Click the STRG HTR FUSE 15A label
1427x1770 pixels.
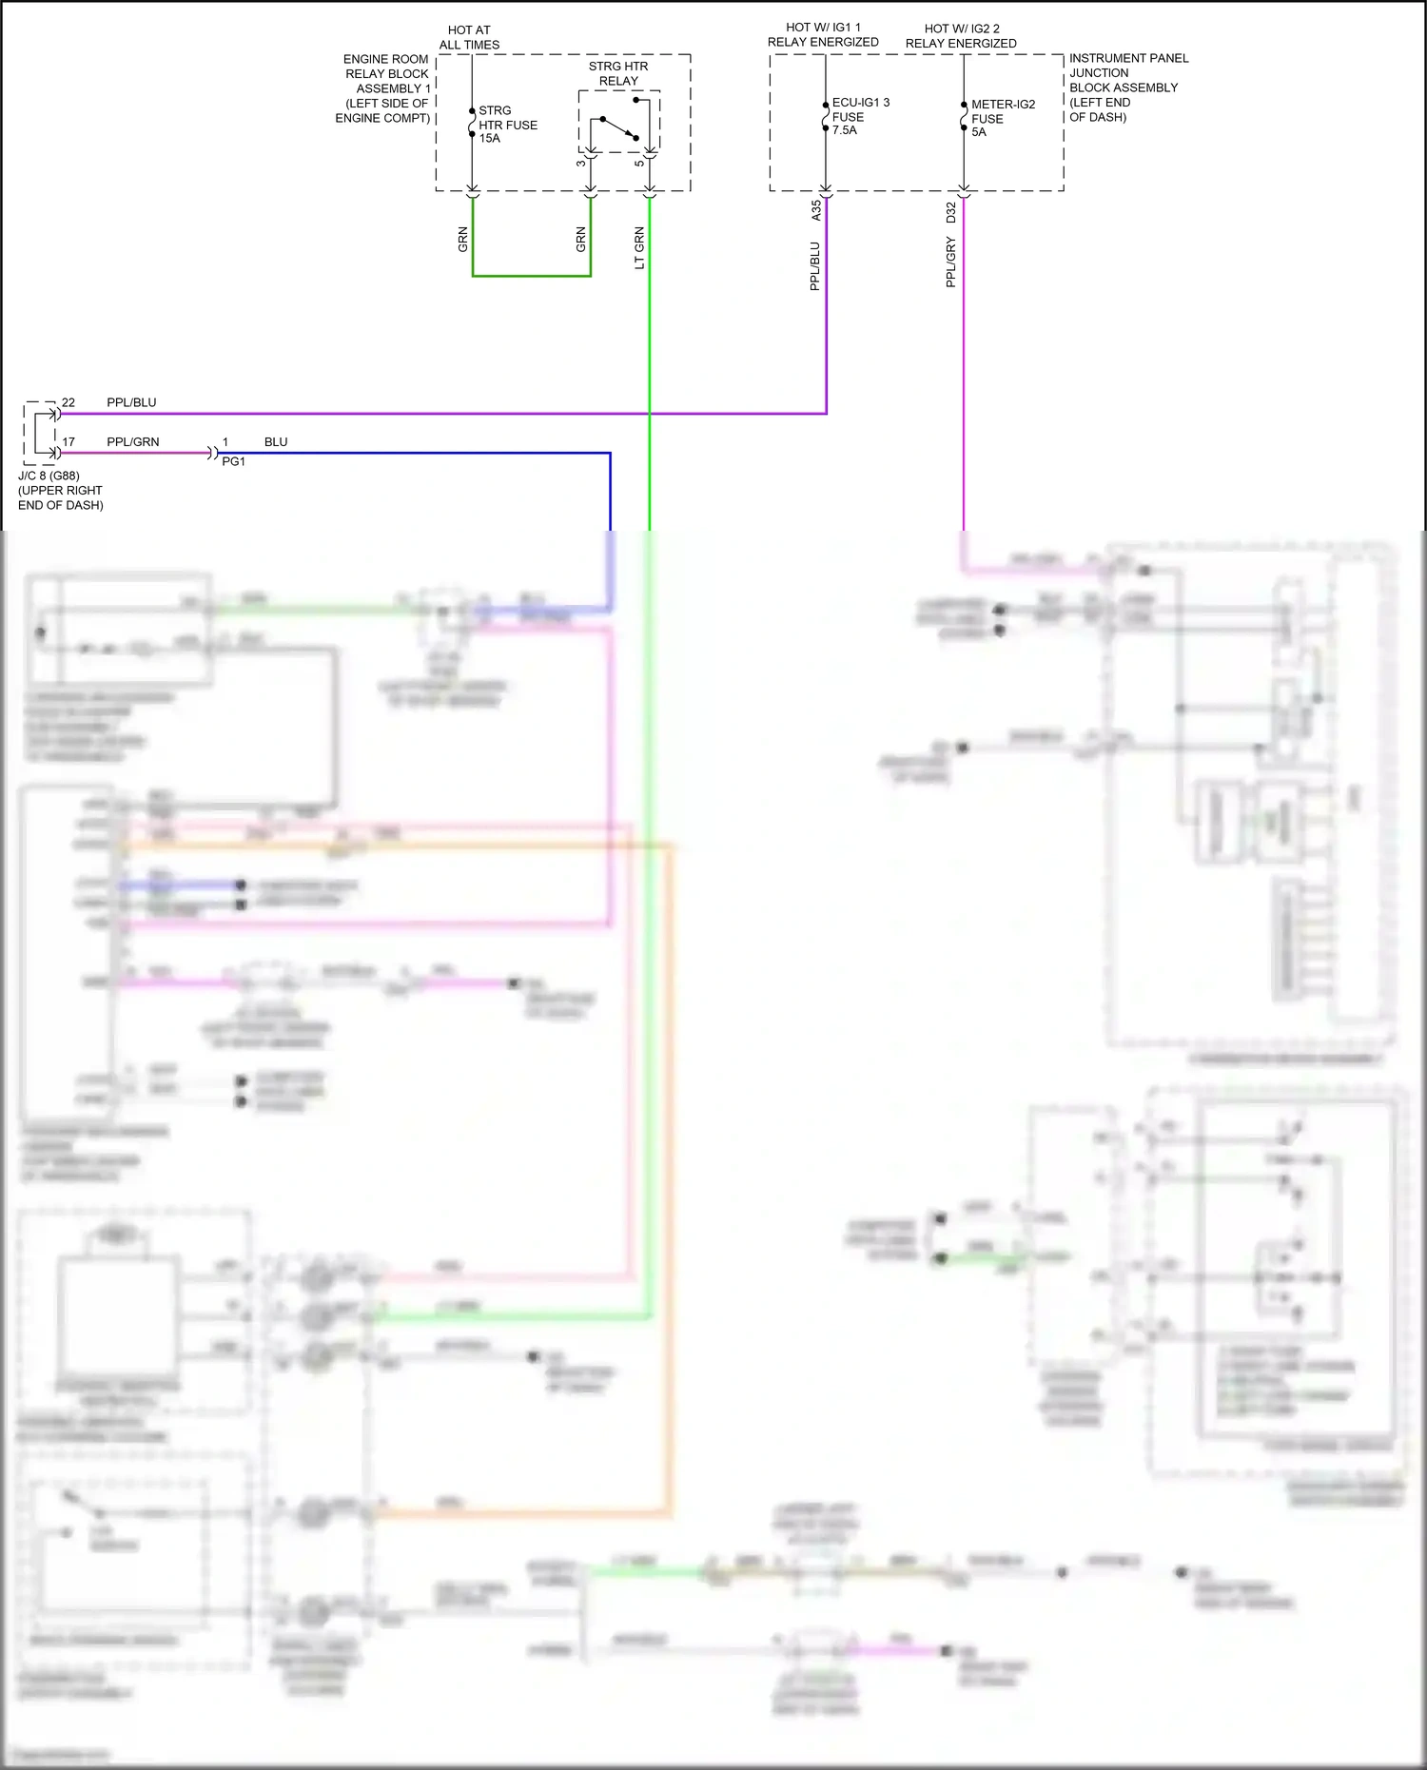(507, 125)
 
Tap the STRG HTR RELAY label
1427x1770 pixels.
(618, 73)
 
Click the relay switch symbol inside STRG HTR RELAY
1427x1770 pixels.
(618, 127)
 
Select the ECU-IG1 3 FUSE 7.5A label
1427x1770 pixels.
(860, 116)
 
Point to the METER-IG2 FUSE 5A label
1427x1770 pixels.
(1002, 118)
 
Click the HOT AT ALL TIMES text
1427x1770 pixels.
(469, 37)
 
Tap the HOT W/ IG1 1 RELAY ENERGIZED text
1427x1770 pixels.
(823, 34)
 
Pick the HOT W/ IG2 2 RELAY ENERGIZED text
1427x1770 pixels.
(961, 36)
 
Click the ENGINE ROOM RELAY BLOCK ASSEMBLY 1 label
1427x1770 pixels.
(384, 88)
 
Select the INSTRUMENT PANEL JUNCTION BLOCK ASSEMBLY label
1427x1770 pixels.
(1127, 88)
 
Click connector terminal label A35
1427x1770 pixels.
(816, 210)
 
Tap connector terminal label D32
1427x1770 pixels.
(951, 212)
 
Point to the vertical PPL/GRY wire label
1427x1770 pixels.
(951, 263)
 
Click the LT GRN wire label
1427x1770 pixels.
(639, 247)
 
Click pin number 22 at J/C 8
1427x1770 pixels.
(68, 402)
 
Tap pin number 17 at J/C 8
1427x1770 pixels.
(68, 442)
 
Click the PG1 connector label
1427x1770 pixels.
(233, 461)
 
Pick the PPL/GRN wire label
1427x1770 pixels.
(132, 442)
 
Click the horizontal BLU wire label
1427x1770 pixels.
(276, 442)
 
